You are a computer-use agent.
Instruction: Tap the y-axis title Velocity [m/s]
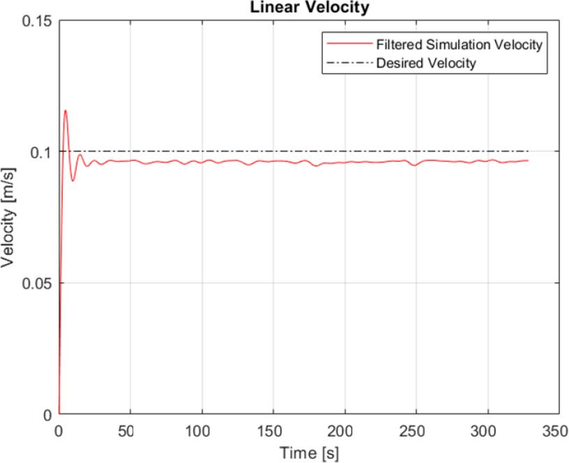click(x=9, y=217)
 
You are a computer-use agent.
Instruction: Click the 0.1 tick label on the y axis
click(x=42, y=151)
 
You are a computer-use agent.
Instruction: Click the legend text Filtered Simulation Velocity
click(x=460, y=45)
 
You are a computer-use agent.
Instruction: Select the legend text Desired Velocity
click(x=425, y=62)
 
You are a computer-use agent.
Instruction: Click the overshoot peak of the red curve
click(x=66, y=110)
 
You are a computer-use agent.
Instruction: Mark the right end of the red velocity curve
click(x=528, y=160)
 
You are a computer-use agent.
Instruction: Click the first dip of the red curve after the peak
click(x=73, y=181)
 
